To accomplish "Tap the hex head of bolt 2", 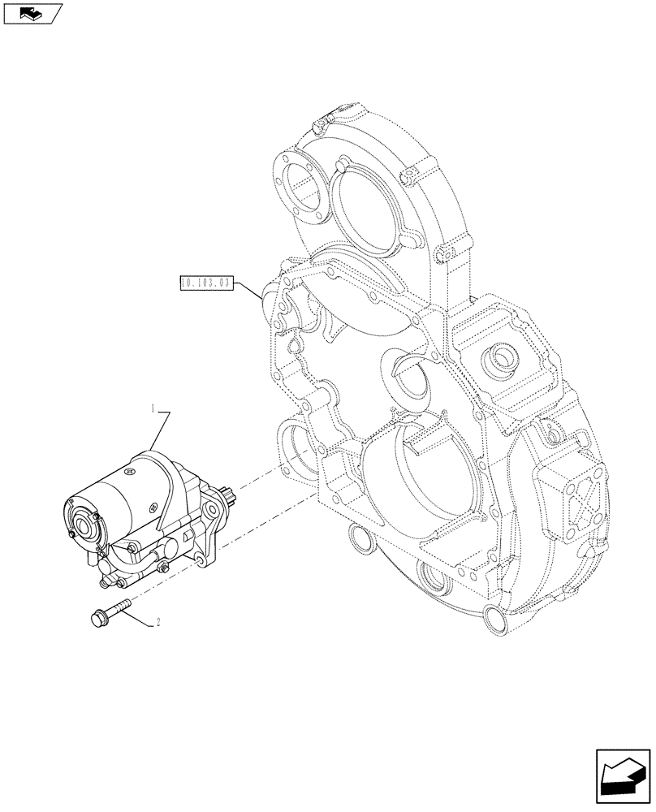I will point(96,619).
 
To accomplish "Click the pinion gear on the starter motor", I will point(229,496).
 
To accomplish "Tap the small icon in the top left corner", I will point(32,14).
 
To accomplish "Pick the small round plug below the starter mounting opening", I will point(356,537).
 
